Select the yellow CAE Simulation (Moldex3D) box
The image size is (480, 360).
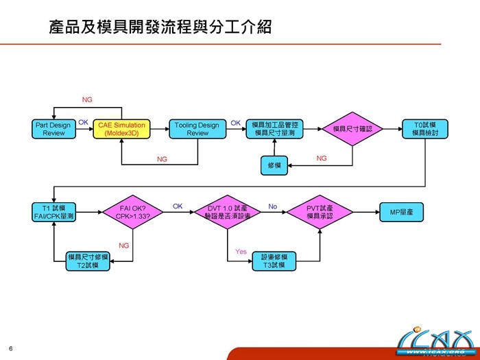[x=121, y=129]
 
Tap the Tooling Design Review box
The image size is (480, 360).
[x=197, y=129]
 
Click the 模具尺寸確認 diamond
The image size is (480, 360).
[x=352, y=129]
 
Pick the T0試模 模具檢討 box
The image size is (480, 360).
[x=426, y=129]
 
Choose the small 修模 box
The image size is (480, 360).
[x=275, y=165]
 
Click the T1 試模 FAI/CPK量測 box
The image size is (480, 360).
[x=53, y=212]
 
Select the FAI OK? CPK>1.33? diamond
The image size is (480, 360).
[x=133, y=212]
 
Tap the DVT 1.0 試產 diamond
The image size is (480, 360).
[x=227, y=212]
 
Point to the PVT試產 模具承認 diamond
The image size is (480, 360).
[x=320, y=212]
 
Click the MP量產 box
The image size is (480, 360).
[x=401, y=212]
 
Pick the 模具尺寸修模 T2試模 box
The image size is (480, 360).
[x=87, y=261]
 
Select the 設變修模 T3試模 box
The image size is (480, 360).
[x=275, y=261]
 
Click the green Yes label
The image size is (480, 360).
[x=241, y=252]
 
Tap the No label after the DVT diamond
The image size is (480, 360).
[x=273, y=206]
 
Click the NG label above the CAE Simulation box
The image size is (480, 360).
[x=87, y=99]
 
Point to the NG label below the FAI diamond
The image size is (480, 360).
[x=124, y=245]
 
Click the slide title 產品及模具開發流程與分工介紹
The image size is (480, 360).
[x=160, y=27]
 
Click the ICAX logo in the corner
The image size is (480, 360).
[x=436, y=341]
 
